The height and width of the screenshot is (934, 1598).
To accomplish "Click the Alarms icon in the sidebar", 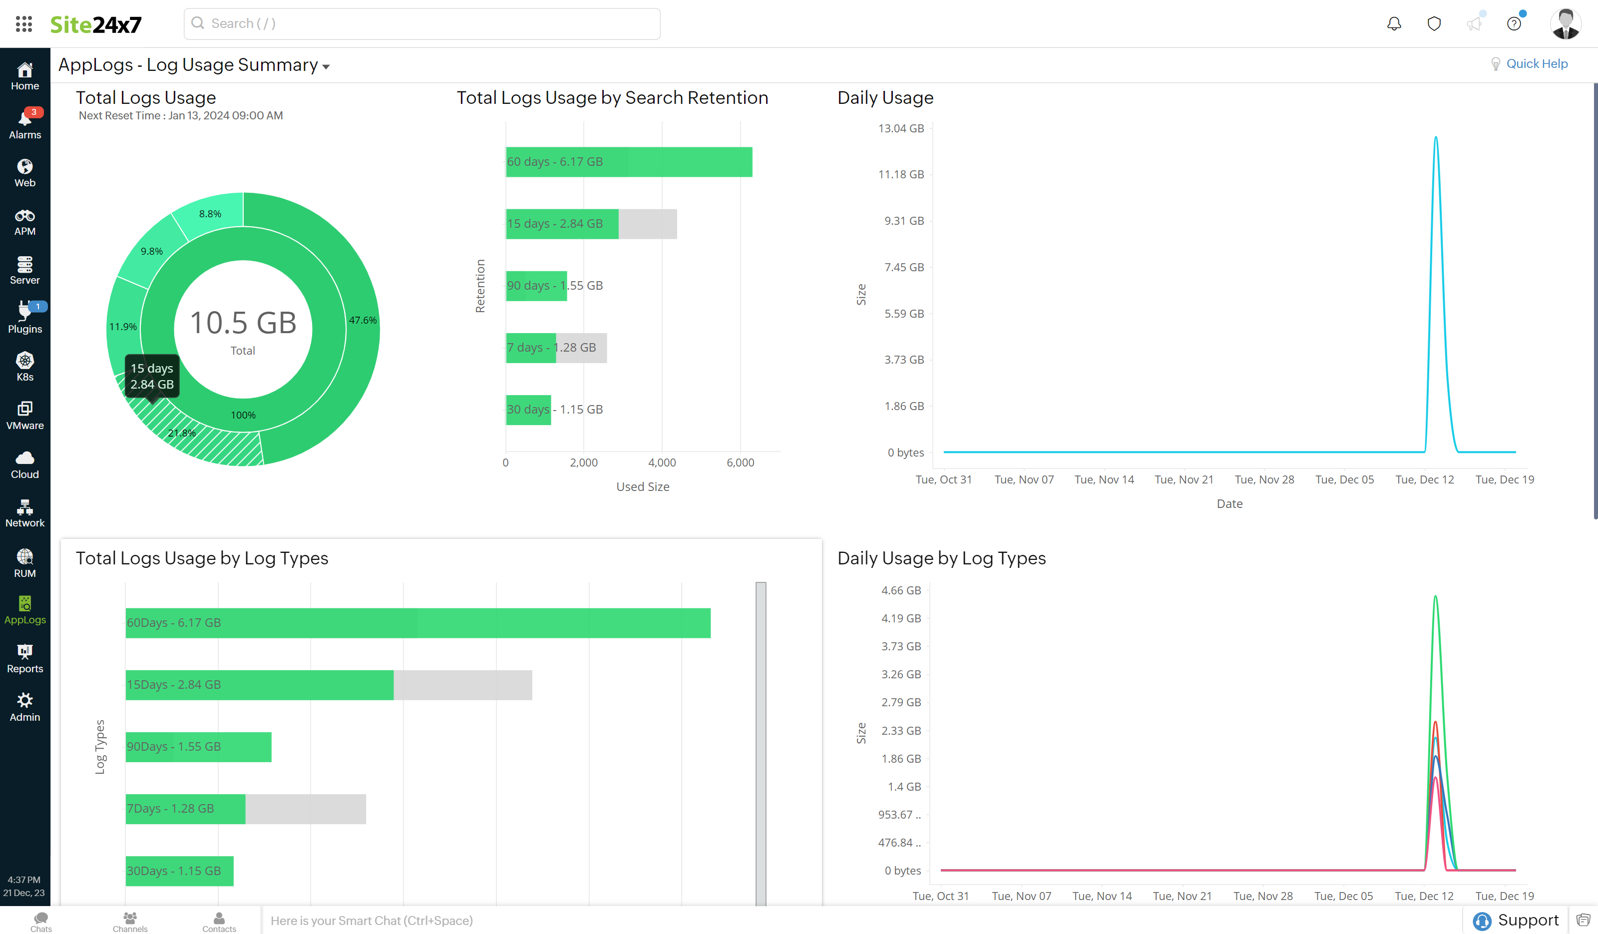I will (x=25, y=123).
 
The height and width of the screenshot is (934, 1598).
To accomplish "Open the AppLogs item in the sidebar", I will (x=25, y=610).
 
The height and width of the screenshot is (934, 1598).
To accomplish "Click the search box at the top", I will (x=421, y=23).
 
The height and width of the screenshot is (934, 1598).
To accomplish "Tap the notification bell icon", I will (x=1393, y=23).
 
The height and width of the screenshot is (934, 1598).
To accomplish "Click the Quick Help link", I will (x=1536, y=63).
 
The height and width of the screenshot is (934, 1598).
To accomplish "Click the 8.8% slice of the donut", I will (x=210, y=214).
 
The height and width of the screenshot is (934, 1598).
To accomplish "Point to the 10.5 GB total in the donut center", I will (x=243, y=323).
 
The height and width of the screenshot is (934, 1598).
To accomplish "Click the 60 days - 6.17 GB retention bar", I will (x=628, y=162).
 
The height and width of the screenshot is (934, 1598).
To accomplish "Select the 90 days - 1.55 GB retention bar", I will (x=536, y=285).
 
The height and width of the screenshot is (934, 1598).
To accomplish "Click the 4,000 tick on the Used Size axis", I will (x=661, y=462).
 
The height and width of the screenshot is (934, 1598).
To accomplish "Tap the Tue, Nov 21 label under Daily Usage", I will (x=1184, y=479).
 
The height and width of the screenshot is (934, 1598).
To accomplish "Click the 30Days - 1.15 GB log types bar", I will (x=179, y=871).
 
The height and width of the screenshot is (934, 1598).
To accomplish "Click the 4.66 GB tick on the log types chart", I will (x=900, y=590).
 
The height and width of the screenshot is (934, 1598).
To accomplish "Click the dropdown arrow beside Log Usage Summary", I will (x=326, y=66).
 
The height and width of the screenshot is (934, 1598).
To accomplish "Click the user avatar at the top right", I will (x=1565, y=23).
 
